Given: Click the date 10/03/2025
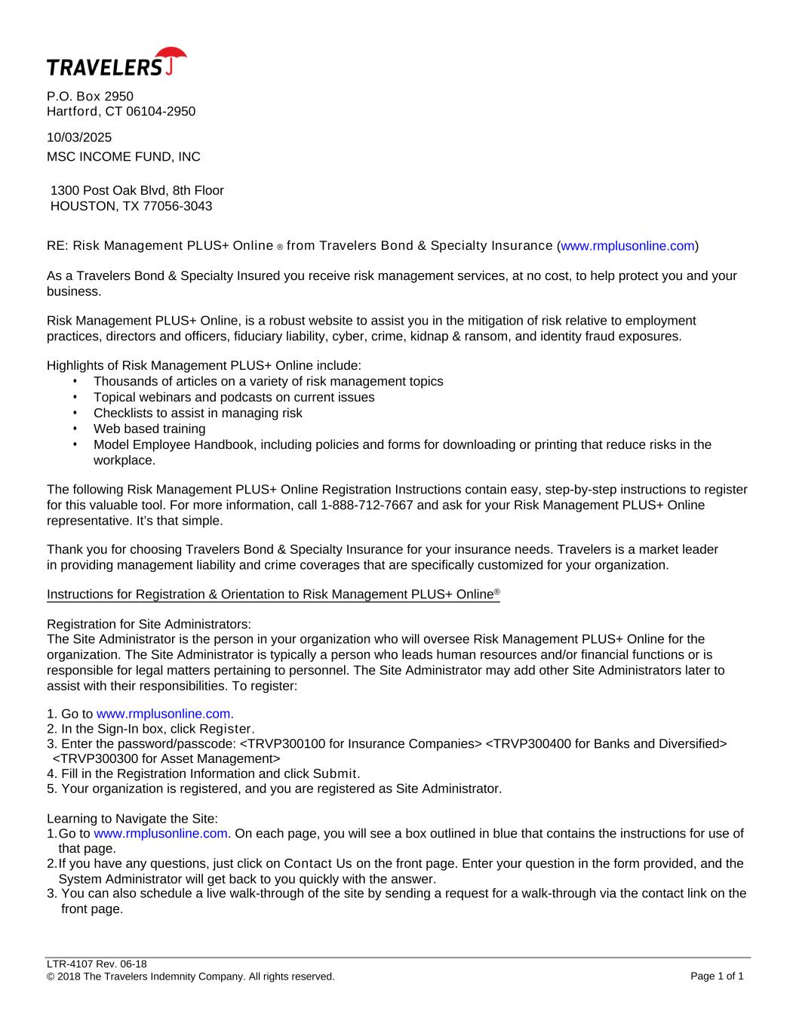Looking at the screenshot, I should click(79, 137).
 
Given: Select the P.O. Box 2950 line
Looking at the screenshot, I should click(90, 97).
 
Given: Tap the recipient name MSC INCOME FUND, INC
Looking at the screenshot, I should click(124, 157).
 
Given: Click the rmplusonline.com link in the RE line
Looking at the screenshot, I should click(628, 246).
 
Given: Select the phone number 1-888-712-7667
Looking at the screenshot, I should click(367, 505).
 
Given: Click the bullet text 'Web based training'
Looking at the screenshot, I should click(149, 429).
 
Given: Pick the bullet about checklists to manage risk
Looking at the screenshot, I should click(198, 413).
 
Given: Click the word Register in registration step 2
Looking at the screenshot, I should click(226, 729).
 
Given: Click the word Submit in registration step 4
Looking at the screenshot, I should click(335, 773).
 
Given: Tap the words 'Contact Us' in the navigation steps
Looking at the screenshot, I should click(318, 863).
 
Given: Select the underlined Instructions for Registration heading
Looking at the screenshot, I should click(273, 595).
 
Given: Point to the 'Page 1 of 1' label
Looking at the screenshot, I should click(717, 976).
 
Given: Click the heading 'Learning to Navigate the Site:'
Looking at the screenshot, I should click(133, 819).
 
